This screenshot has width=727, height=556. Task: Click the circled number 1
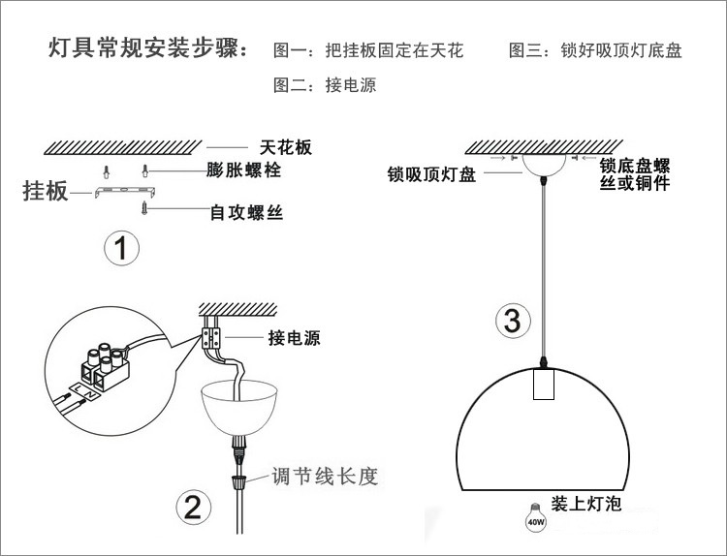pos(121,249)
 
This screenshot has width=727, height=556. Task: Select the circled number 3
pos(514,320)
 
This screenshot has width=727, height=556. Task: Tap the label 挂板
pos(46,190)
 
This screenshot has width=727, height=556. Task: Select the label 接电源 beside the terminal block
pos(294,338)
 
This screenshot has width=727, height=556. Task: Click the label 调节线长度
pos(323,477)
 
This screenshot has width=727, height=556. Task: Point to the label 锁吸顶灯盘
pos(431,175)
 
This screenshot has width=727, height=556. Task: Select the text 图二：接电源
pos(325,85)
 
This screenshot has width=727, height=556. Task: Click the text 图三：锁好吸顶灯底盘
pos(595,50)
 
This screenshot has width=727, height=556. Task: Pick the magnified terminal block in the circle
pos(103,366)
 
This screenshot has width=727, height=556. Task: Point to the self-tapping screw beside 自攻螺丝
pos(145,207)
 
